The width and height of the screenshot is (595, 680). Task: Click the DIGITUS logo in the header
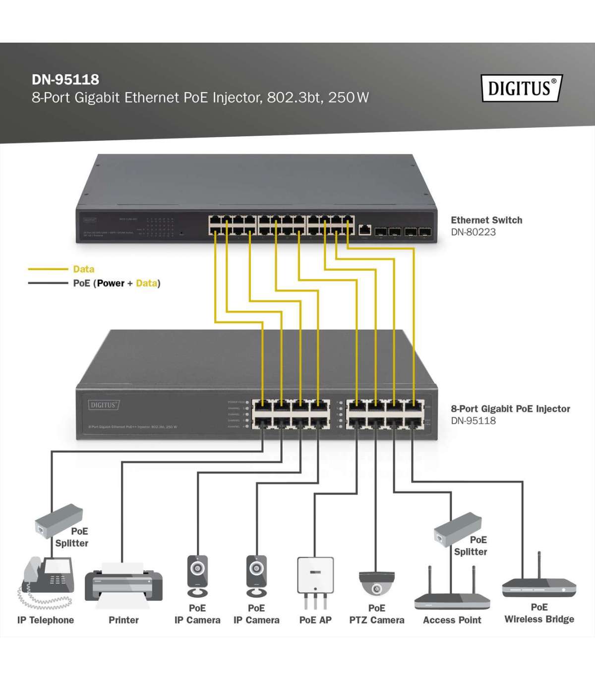coord(522,88)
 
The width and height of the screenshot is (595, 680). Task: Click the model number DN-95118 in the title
coord(65,79)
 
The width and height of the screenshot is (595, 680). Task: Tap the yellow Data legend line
coord(48,269)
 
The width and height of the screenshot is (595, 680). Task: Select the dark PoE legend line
coord(48,283)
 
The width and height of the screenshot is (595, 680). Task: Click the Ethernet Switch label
coord(486,220)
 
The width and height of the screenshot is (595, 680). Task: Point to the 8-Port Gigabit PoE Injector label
coord(510,409)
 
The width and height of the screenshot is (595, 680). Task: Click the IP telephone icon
coord(47,582)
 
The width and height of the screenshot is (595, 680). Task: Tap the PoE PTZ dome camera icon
coord(376,583)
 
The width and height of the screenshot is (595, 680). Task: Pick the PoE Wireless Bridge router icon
coord(539,585)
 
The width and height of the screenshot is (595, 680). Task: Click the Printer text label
coord(123,620)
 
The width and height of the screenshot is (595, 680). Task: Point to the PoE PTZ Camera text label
coord(376,614)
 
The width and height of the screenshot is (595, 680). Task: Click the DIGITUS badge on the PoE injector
coord(104,405)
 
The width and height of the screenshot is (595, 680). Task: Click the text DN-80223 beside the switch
coord(473,232)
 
